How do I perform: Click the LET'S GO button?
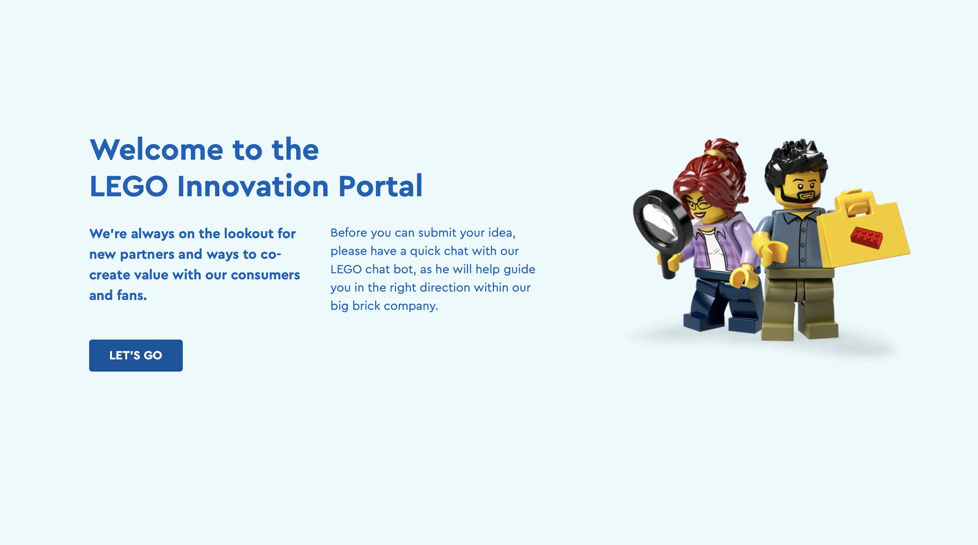point(136,355)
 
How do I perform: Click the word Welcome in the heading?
point(157,149)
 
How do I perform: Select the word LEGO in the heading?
point(129,186)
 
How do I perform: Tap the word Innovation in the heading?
point(253,186)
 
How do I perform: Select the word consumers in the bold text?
point(265,275)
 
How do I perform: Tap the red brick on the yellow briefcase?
point(866,237)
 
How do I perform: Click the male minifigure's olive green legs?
point(800,305)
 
